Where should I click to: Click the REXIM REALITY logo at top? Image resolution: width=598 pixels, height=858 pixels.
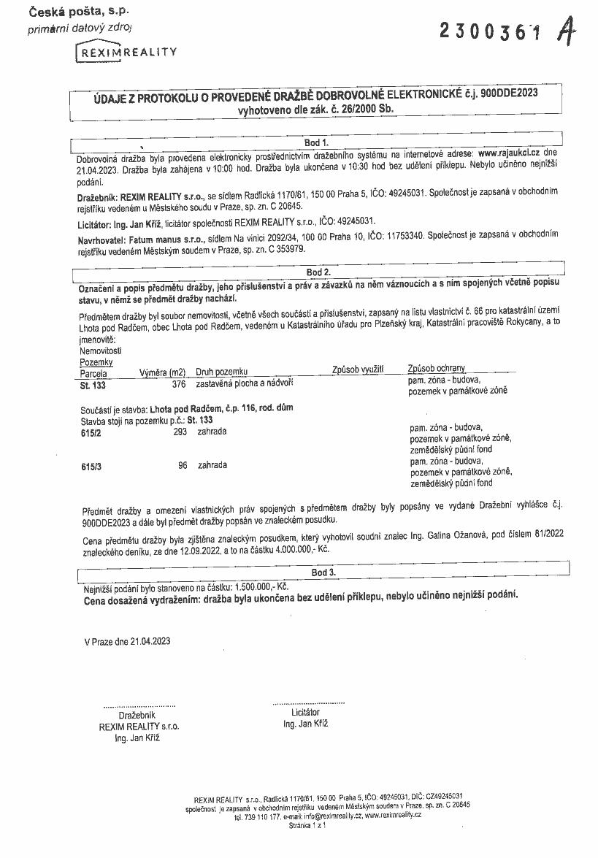coord(126,53)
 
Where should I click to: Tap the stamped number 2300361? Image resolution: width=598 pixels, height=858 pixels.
coord(491,31)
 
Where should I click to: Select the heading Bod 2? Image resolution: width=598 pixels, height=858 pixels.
coord(318,272)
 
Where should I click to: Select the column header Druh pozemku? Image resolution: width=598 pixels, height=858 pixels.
coord(222,372)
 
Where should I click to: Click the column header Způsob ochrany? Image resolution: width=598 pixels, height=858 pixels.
coord(437,369)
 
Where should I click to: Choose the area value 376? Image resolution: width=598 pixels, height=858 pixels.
coord(178,383)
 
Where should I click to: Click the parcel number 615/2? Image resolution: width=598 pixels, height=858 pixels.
coord(91,432)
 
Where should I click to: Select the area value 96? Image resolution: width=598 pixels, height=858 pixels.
coord(183,465)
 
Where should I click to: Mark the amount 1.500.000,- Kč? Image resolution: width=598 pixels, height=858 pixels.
coord(261,586)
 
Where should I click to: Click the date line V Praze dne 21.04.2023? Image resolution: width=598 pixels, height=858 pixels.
coord(127,641)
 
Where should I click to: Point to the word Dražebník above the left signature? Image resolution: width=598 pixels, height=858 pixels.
coord(137,716)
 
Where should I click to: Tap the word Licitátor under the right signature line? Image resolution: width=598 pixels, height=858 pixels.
coord(305,712)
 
